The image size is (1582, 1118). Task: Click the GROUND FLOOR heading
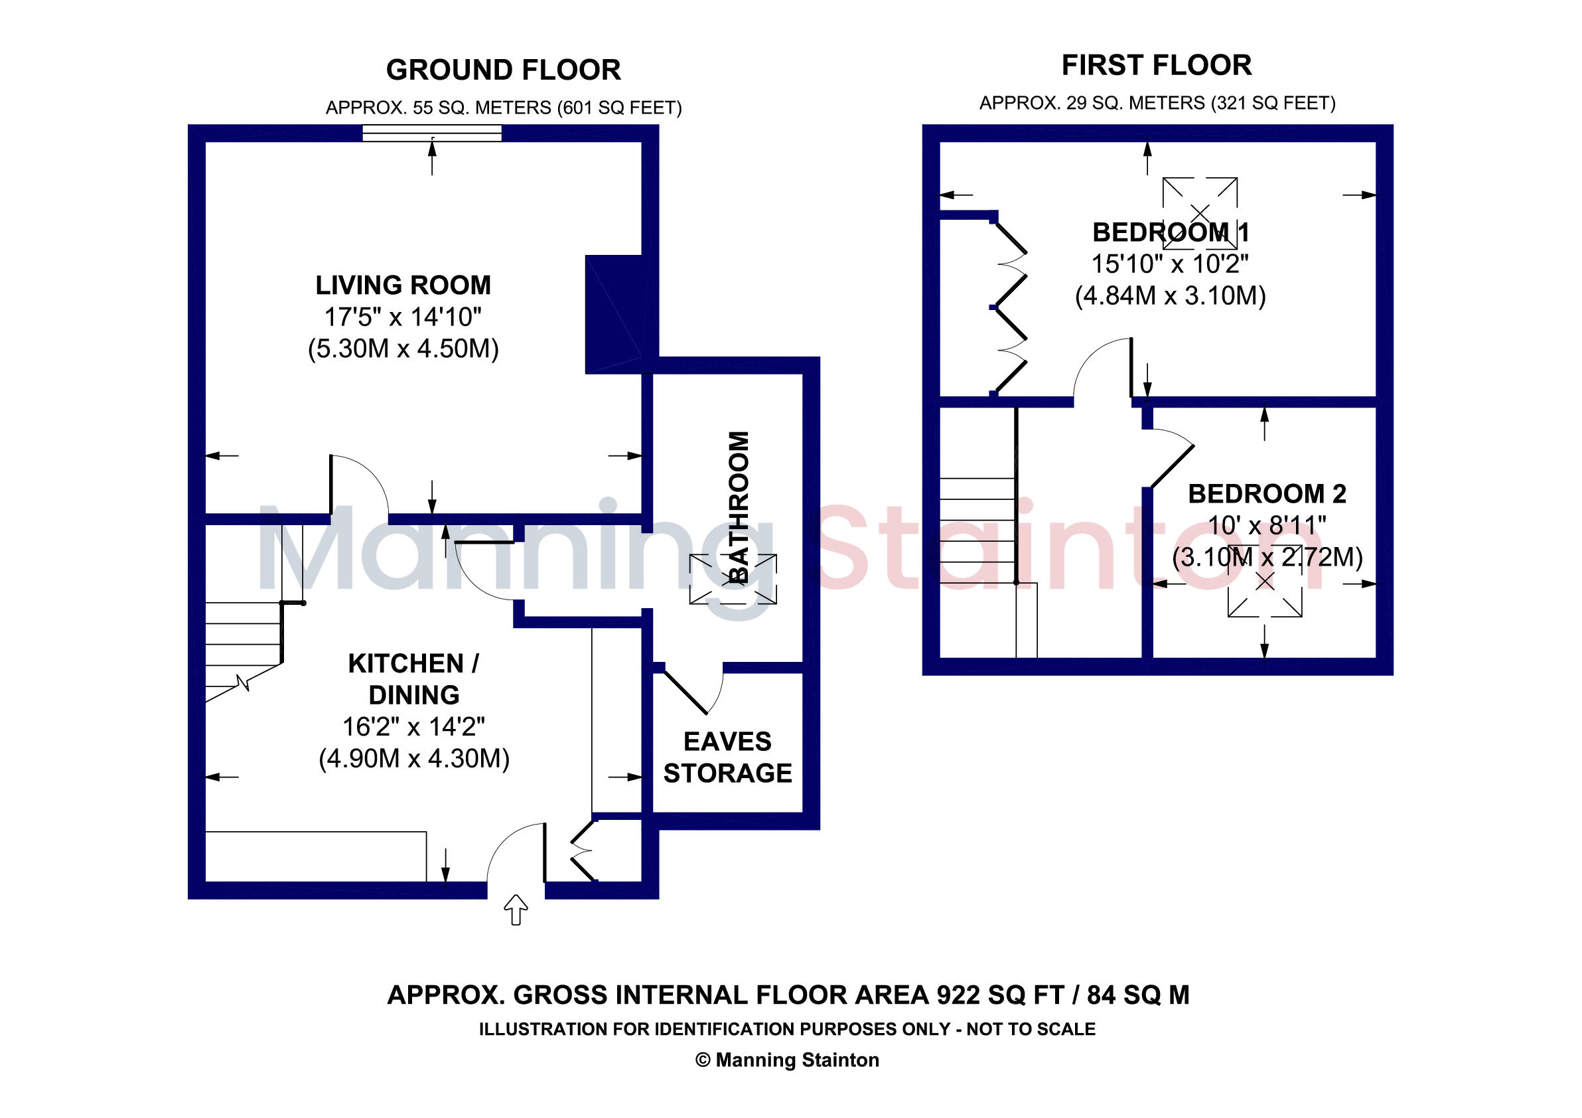coord(503,70)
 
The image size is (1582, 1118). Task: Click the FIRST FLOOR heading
coord(1157,66)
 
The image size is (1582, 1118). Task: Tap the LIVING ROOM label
coord(403,285)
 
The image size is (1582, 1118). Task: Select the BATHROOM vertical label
coord(739,507)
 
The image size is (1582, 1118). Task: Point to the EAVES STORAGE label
coord(727,758)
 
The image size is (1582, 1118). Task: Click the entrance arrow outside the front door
coord(516,910)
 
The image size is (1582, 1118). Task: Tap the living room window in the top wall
coord(432,133)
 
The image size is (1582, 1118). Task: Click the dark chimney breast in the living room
coord(613,315)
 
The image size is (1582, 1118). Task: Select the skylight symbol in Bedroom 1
coord(1200,213)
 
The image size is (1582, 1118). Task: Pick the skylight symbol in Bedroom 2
coord(1265,581)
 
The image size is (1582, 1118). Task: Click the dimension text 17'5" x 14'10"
coord(403,317)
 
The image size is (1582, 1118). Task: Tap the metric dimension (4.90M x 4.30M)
coord(414,758)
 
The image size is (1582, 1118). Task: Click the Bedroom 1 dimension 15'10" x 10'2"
coord(1170,264)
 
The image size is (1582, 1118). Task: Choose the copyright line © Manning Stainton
coord(787,1060)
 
